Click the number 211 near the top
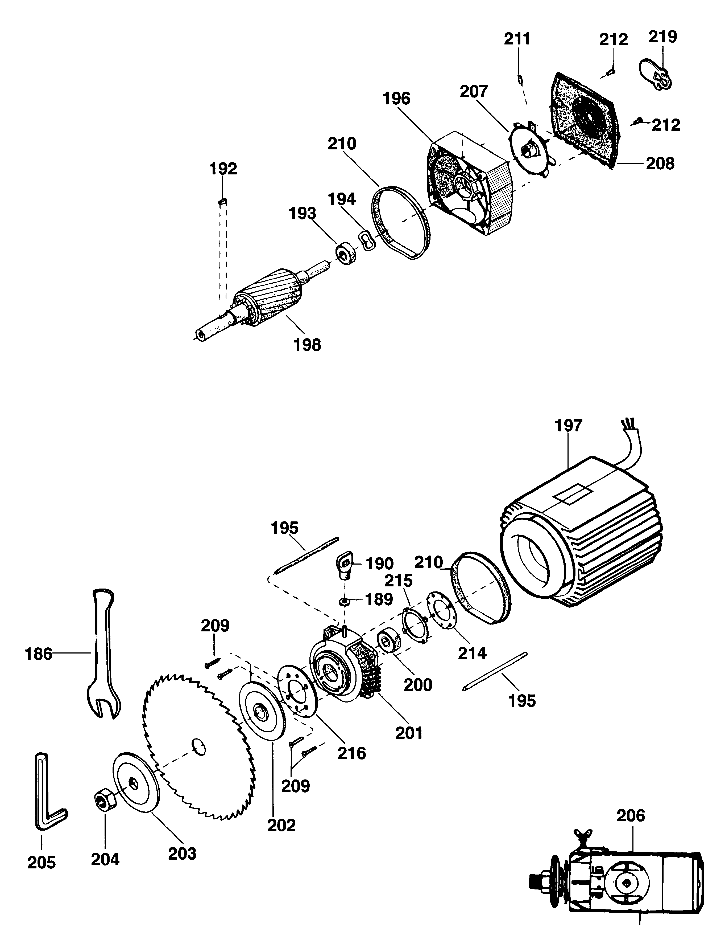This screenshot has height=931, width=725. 517,39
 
